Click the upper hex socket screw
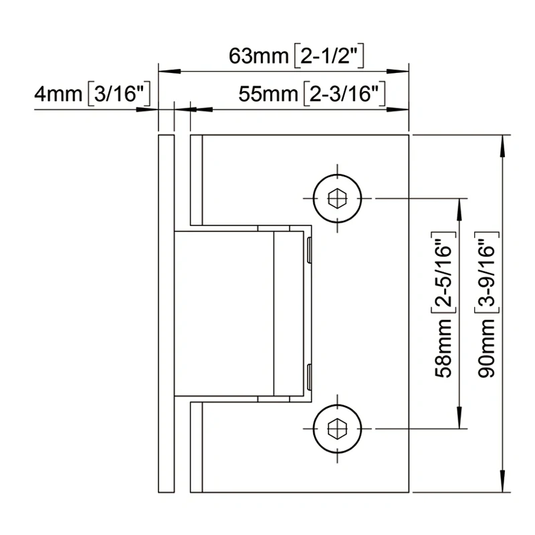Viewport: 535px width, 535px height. pyautogui.click(x=336, y=198)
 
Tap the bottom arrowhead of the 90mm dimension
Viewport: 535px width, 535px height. pyautogui.click(x=503, y=485)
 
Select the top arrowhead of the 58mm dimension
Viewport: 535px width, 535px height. pyautogui.click(x=460, y=206)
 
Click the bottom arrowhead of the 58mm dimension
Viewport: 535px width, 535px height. pyautogui.click(x=460, y=420)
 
